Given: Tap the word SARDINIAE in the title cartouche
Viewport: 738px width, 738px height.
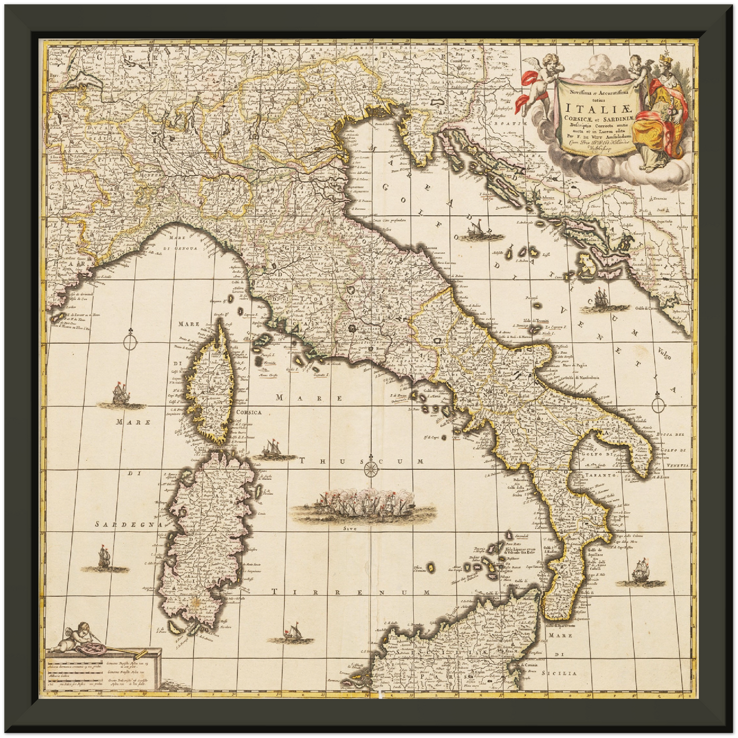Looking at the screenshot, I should click(612, 119).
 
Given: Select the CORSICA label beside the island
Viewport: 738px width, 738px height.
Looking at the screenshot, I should click(249, 412).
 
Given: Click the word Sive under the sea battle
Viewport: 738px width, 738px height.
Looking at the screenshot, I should click(350, 529).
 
